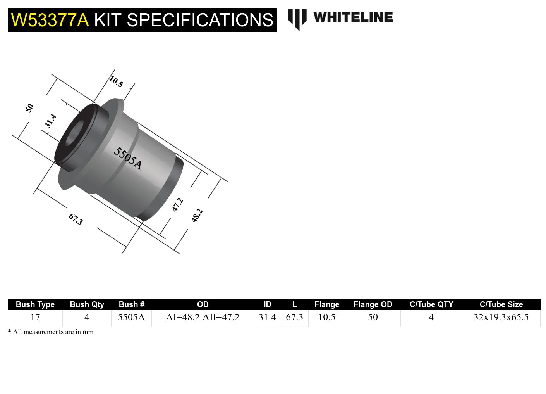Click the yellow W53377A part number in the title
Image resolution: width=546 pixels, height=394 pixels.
pos(50,20)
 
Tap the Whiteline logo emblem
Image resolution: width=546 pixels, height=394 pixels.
pos(297,19)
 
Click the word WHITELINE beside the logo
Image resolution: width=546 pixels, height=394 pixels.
pos(353,17)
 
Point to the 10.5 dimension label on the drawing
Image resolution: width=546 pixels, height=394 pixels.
pos(116,81)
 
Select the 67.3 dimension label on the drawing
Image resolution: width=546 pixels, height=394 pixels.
pos(76,219)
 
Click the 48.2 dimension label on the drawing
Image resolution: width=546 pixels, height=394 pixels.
pos(197,216)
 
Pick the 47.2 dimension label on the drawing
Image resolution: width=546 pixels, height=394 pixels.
pos(177,204)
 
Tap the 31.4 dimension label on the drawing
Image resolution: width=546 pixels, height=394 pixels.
pos(50,121)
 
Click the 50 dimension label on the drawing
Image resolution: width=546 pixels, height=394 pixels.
pos(29,108)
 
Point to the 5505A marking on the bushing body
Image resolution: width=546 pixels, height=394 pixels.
pos(127,159)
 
